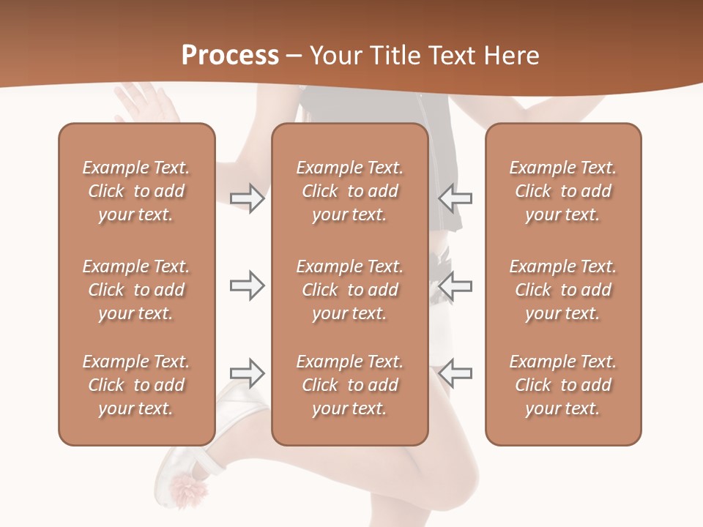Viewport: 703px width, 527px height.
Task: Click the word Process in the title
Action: pos(230,55)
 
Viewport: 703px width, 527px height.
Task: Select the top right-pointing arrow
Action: pos(248,198)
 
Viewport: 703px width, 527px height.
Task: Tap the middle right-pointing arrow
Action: pos(248,285)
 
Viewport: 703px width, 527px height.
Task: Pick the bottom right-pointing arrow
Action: pos(248,373)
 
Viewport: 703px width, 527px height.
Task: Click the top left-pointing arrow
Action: pos(455,198)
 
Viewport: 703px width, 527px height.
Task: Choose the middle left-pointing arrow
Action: pos(455,285)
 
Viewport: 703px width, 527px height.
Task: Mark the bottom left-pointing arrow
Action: pos(455,373)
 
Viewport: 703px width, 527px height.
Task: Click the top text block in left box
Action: pos(136,191)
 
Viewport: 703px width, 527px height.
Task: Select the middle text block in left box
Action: pos(136,290)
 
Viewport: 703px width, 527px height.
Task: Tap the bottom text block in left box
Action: pos(136,385)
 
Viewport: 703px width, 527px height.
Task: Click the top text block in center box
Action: pos(349,191)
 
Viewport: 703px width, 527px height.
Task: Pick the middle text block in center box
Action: pos(349,290)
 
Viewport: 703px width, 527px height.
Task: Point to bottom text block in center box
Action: pos(349,385)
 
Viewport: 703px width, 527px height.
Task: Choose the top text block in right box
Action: pos(562,191)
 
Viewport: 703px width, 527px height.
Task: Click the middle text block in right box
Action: pos(562,290)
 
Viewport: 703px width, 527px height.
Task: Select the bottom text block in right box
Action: pos(562,385)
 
